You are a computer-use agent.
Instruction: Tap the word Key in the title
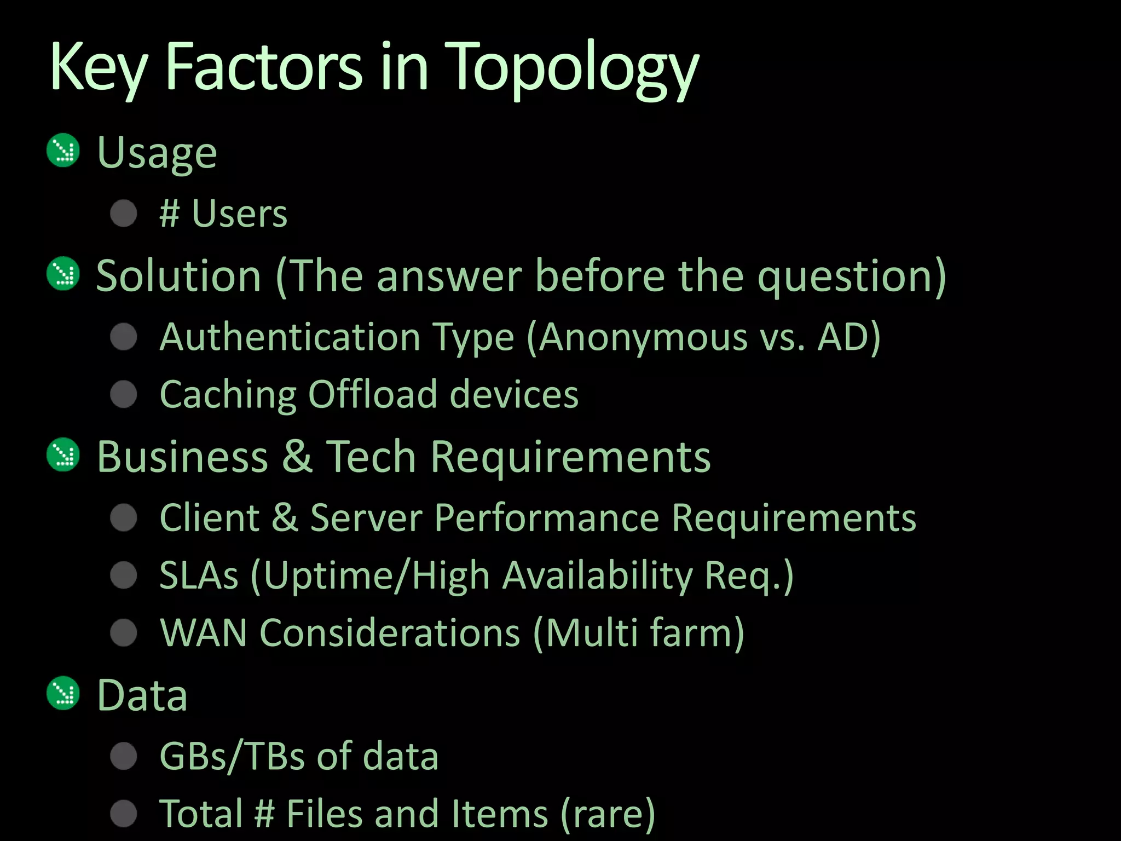click(x=99, y=68)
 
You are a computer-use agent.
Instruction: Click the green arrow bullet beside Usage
click(x=63, y=150)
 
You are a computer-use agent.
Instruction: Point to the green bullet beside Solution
click(x=63, y=273)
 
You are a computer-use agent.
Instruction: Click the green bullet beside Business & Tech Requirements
click(x=63, y=454)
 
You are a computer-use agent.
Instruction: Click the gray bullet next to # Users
click(x=124, y=213)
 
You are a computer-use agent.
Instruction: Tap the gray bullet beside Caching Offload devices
click(x=124, y=394)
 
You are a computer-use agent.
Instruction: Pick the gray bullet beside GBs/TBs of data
click(x=124, y=756)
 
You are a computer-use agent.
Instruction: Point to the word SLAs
click(x=199, y=575)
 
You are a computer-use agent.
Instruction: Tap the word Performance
click(x=547, y=517)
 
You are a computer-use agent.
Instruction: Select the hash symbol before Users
click(x=170, y=213)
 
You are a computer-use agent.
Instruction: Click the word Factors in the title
click(x=264, y=68)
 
